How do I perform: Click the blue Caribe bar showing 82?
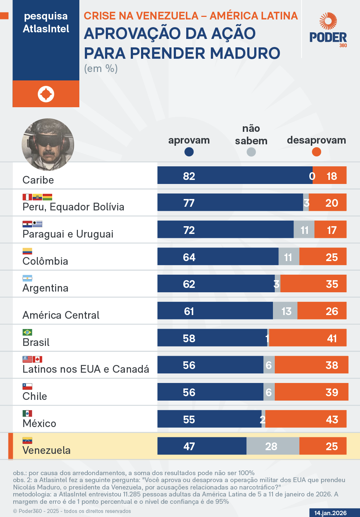pos(235,176)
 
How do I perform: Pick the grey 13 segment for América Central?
pos(285,311)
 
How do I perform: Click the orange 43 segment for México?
pos(306,419)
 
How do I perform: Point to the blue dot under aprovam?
pos(189,152)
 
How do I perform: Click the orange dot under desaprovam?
pos(316,152)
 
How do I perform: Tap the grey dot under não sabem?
pos(251,152)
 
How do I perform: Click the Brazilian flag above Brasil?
pos(27,332)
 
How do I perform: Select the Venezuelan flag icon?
pos(27,440)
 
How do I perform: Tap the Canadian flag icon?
pos(37,359)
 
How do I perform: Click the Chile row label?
pos(35,396)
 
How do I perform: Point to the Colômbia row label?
pos(45,261)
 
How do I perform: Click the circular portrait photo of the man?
pos(48,144)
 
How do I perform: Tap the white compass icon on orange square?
pos(46,94)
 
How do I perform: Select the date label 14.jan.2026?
pos(330,513)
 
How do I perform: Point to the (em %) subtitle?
pos(101,69)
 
